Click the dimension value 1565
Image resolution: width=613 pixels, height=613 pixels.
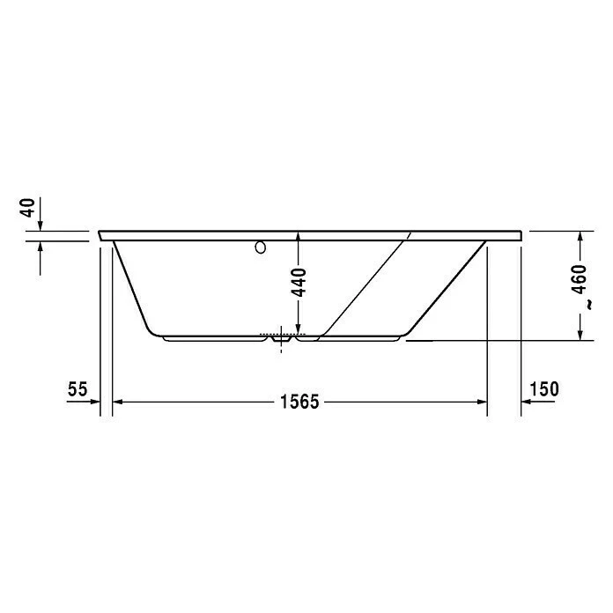(x=299, y=402)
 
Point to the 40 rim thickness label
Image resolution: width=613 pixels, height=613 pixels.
(x=28, y=209)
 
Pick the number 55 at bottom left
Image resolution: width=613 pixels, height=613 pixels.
(x=78, y=388)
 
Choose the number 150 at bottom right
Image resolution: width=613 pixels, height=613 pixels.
(x=544, y=388)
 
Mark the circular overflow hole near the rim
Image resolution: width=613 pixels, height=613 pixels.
(x=260, y=248)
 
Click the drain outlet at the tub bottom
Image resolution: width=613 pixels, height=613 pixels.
(x=282, y=337)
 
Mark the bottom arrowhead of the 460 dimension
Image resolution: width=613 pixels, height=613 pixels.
(x=579, y=334)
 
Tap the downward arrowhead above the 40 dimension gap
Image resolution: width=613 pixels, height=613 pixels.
(x=41, y=226)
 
